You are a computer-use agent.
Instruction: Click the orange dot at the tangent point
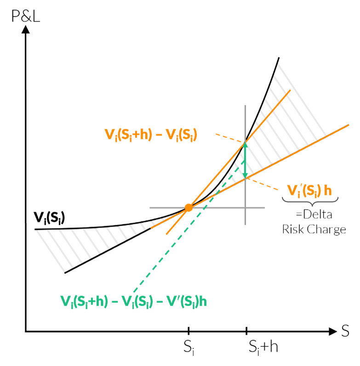pyautogui.click(x=189, y=208)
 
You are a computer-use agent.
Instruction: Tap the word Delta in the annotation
pyautogui.click(x=317, y=215)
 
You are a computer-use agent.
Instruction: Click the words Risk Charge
pyautogui.click(x=314, y=229)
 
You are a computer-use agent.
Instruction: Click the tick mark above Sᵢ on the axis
pyautogui.click(x=189, y=330)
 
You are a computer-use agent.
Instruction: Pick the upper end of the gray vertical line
pyautogui.click(x=245, y=107)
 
